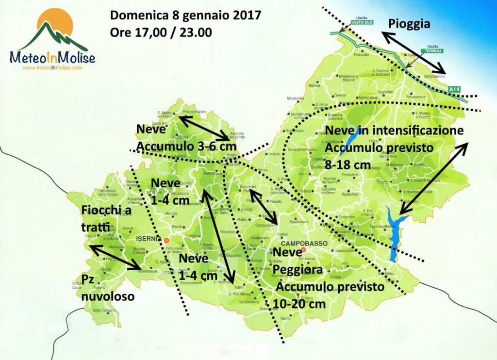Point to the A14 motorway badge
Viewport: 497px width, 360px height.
click(454, 90)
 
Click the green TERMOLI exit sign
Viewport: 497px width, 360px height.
click(431, 50)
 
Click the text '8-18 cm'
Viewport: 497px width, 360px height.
click(348, 165)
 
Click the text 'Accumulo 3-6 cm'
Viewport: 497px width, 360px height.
click(186, 146)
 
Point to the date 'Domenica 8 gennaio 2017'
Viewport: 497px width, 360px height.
click(186, 15)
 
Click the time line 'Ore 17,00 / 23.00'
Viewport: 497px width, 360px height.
click(161, 32)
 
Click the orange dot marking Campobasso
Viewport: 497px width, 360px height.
click(303, 251)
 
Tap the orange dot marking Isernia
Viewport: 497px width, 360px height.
click(166, 240)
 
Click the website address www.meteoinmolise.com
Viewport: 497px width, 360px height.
click(52, 68)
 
